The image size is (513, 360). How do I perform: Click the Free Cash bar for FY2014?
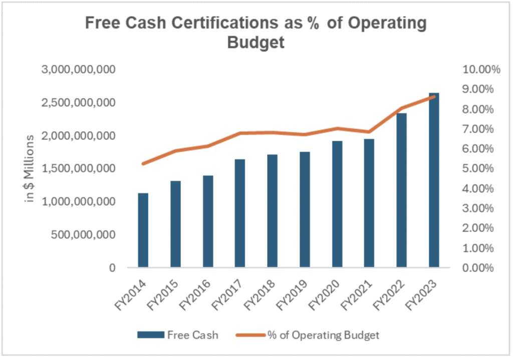click(x=143, y=230)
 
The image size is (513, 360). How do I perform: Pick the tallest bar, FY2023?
click(x=434, y=180)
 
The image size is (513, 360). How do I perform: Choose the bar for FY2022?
click(x=402, y=190)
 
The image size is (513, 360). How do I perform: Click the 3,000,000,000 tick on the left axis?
click(x=79, y=69)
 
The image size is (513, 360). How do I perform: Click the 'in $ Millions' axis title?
click(x=30, y=168)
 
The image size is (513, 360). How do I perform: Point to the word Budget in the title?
click(x=256, y=43)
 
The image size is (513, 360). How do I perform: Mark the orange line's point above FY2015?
click(x=175, y=151)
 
